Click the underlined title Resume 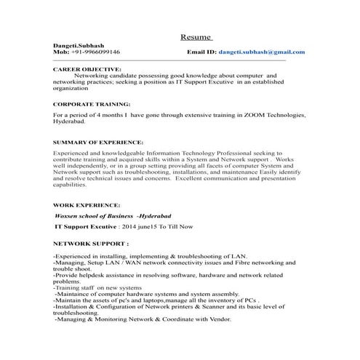pos(196,36)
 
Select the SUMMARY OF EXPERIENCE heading pos(98,142)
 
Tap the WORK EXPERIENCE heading pos(87,206)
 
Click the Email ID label pos(201,52)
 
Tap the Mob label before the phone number pos(61,52)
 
